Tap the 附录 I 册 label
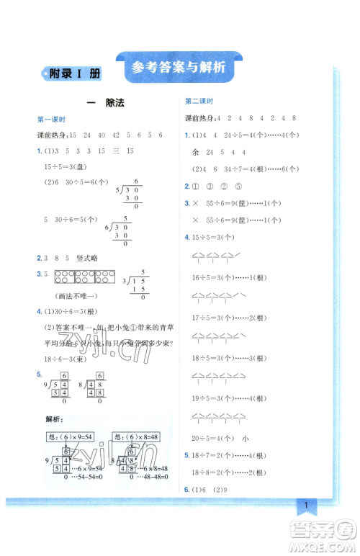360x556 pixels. (74, 73)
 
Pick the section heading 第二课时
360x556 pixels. (199, 102)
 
